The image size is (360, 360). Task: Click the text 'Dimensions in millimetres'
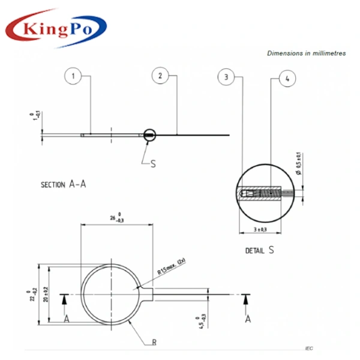coord(306,53)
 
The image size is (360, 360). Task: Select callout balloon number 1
coord(73,76)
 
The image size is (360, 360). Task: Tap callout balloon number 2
coord(160,76)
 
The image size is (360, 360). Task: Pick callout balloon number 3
coord(226,77)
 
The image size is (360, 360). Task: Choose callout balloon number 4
coord(287,79)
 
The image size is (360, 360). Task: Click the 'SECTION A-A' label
coord(64,184)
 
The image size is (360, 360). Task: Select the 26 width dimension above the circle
coord(116,217)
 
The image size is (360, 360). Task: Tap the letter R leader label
coord(154,343)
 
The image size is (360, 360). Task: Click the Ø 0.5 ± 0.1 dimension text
coord(300,163)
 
